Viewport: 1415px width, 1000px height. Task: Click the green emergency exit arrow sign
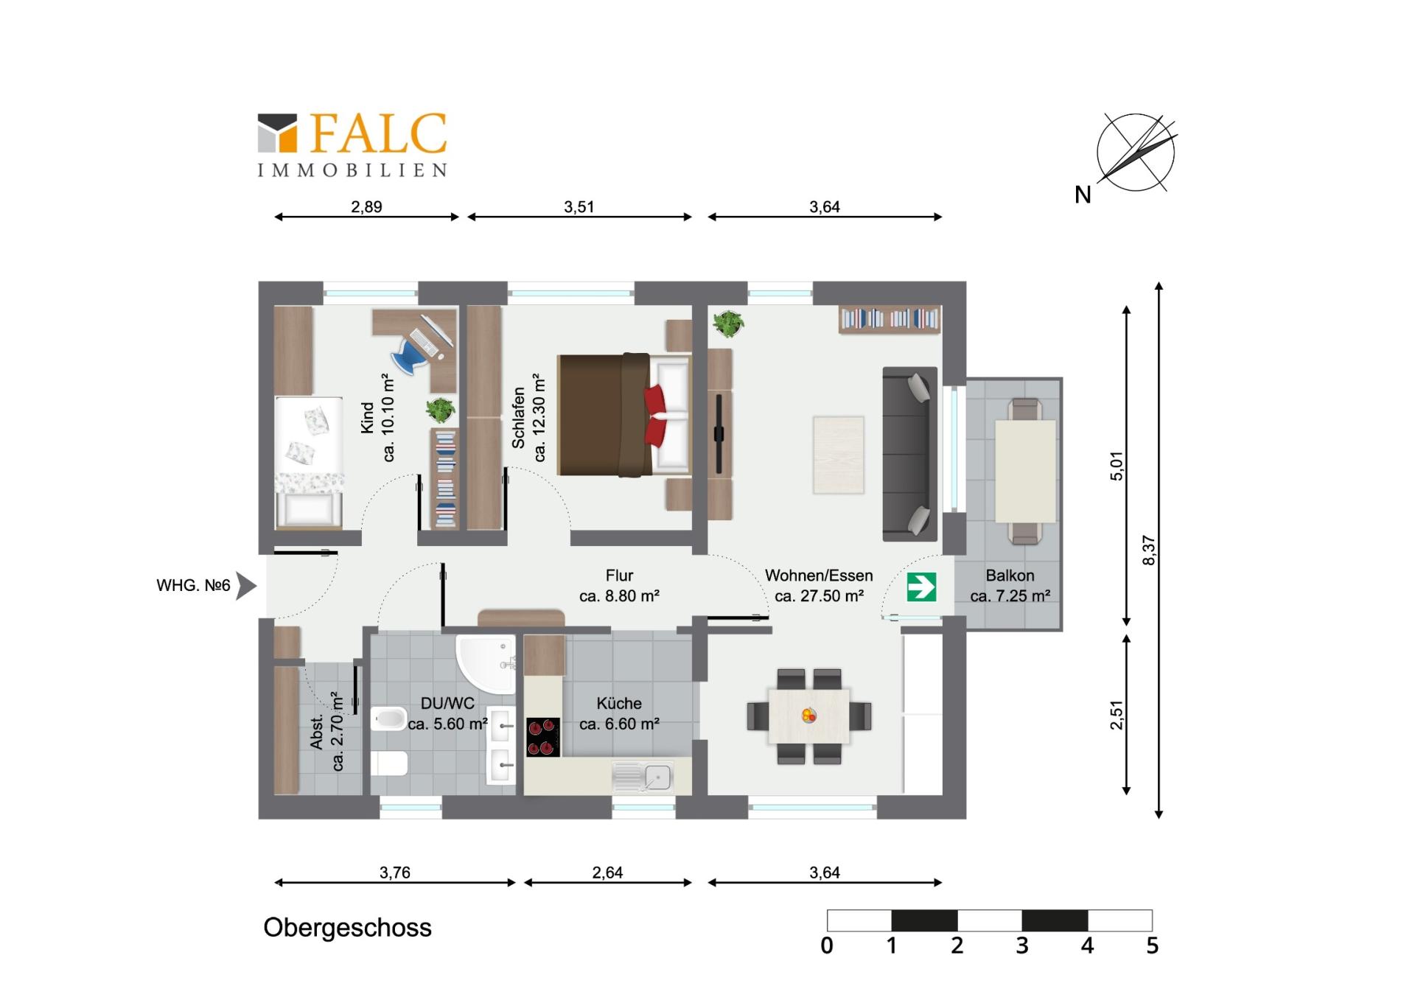coord(921,587)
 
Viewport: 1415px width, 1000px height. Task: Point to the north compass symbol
coord(1135,153)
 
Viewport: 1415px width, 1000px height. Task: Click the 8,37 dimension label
coord(1149,550)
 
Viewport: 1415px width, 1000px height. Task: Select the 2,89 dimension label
coord(366,207)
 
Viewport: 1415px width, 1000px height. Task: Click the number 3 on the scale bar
coord(1021,945)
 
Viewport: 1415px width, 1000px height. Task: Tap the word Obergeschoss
coord(347,928)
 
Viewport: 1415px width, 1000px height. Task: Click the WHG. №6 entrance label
coord(193,586)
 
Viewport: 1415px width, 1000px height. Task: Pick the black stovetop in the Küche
coord(543,737)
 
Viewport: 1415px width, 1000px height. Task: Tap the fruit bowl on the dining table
coord(809,715)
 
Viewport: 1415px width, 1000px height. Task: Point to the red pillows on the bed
coord(654,416)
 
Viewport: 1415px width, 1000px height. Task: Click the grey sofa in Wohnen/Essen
coord(909,453)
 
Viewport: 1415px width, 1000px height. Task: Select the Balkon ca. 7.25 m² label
coord(1010,586)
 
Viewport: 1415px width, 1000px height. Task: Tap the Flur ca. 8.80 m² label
coord(619,586)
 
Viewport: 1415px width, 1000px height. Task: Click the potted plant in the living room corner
coord(728,323)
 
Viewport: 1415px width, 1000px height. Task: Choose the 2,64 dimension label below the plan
coord(607,873)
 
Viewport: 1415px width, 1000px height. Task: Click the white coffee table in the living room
coord(838,455)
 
